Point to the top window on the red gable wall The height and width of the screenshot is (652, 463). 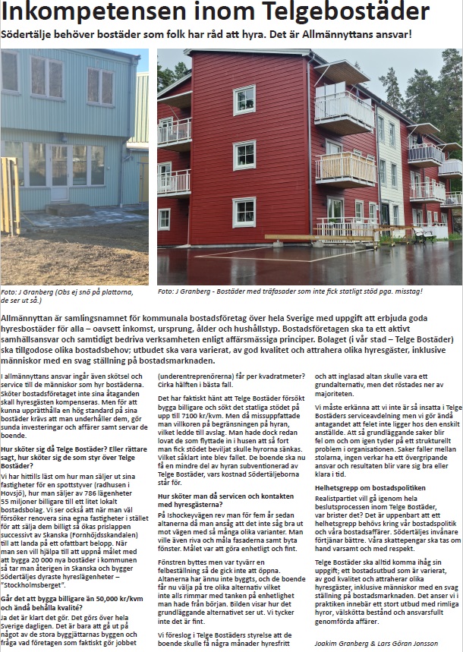coord(244,99)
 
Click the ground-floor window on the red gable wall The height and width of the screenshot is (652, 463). coord(244,212)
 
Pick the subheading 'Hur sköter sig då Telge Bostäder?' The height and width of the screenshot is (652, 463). coord(72,449)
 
